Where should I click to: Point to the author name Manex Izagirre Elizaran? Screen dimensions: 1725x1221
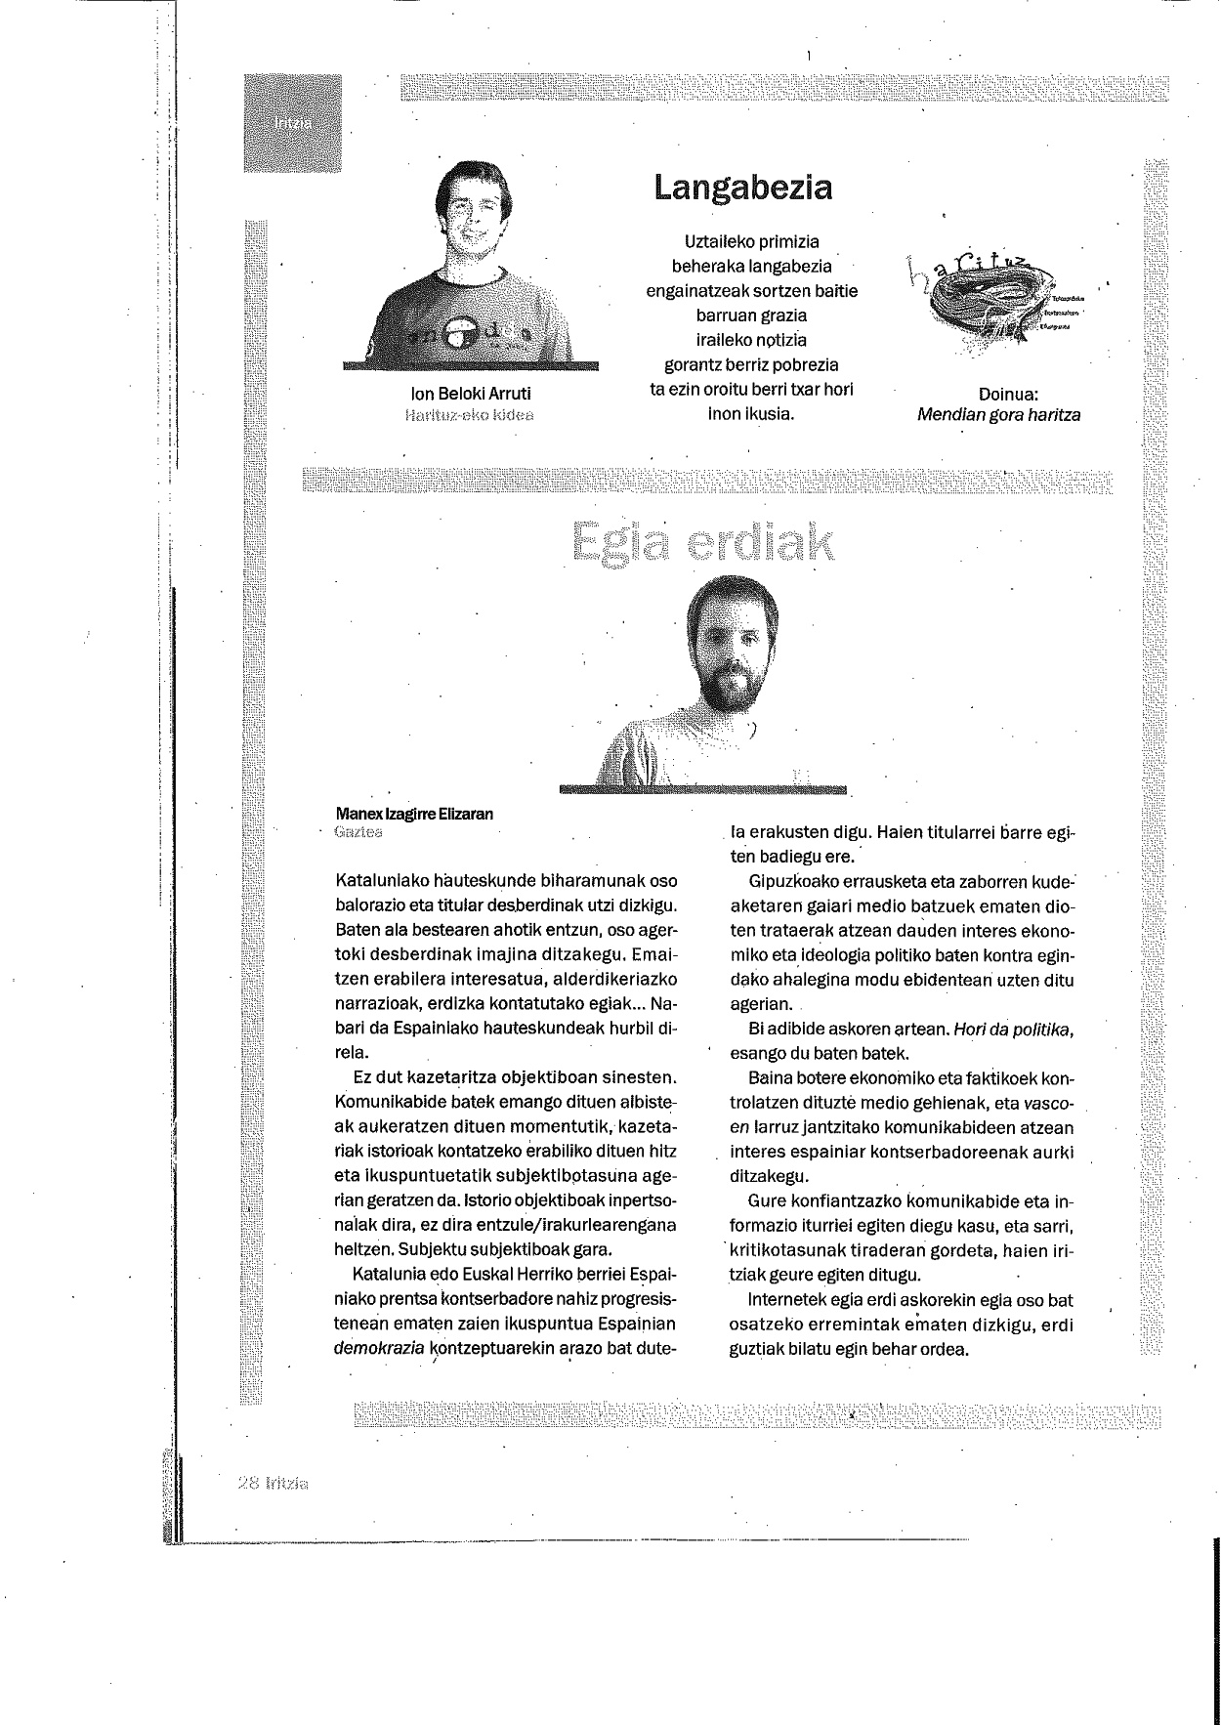414,814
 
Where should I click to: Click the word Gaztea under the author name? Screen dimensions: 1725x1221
358,832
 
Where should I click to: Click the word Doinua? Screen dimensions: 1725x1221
1007,395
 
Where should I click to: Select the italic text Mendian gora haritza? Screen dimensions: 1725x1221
998,414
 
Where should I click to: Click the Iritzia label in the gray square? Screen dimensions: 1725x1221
292,123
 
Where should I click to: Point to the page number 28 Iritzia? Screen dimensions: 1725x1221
273,1483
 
